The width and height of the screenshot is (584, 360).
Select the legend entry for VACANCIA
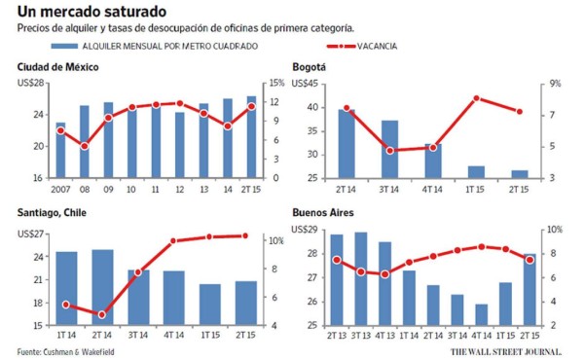click(375, 46)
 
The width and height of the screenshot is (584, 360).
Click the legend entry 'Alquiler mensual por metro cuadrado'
click(161, 46)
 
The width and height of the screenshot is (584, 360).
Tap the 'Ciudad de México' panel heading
click(59, 66)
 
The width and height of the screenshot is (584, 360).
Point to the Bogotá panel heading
click(309, 66)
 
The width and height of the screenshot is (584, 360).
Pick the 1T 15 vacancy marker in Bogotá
click(476, 98)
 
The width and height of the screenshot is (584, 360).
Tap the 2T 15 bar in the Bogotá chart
click(520, 174)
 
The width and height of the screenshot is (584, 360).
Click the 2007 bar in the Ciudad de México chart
click(60, 151)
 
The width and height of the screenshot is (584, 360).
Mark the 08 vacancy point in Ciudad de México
click(85, 146)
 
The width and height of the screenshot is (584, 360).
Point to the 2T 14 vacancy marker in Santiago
click(102, 314)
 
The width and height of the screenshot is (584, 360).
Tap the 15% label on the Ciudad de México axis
click(275, 84)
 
